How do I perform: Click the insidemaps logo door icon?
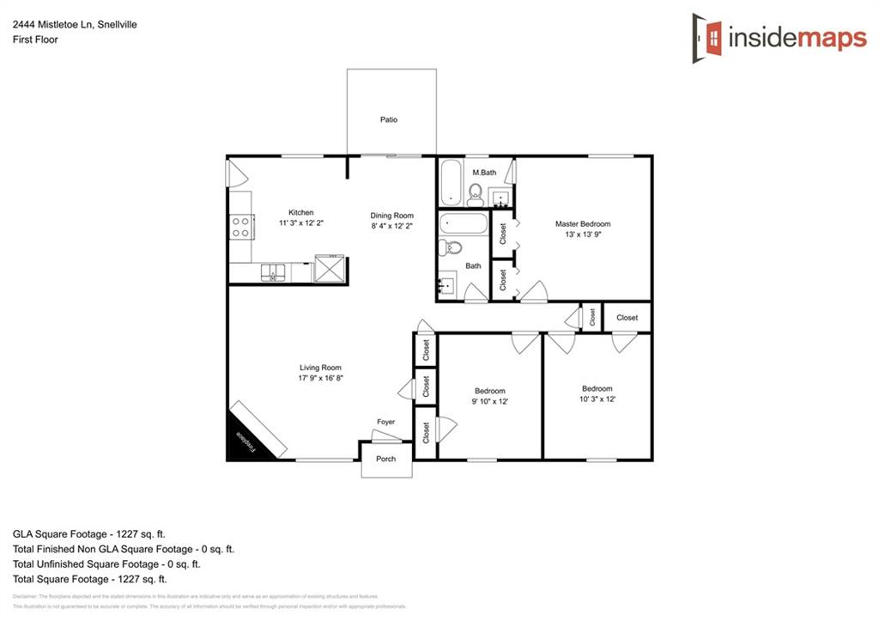tap(708, 37)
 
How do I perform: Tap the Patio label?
tap(389, 119)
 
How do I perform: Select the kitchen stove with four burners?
tap(241, 227)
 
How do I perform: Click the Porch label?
tap(386, 459)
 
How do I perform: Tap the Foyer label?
tap(386, 422)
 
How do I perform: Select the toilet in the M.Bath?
tap(476, 193)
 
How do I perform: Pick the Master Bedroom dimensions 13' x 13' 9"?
tap(583, 234)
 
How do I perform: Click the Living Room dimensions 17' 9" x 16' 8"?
tap(320, 378)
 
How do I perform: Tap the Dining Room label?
tap(391, 216)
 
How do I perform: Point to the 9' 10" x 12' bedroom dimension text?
tap(490, 401)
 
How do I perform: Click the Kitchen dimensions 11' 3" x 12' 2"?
tap(300, 222)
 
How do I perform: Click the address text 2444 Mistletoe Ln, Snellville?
tap(75, 25)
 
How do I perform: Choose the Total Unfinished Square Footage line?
tap(106, 564)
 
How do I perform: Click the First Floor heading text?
tap(35, 40)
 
